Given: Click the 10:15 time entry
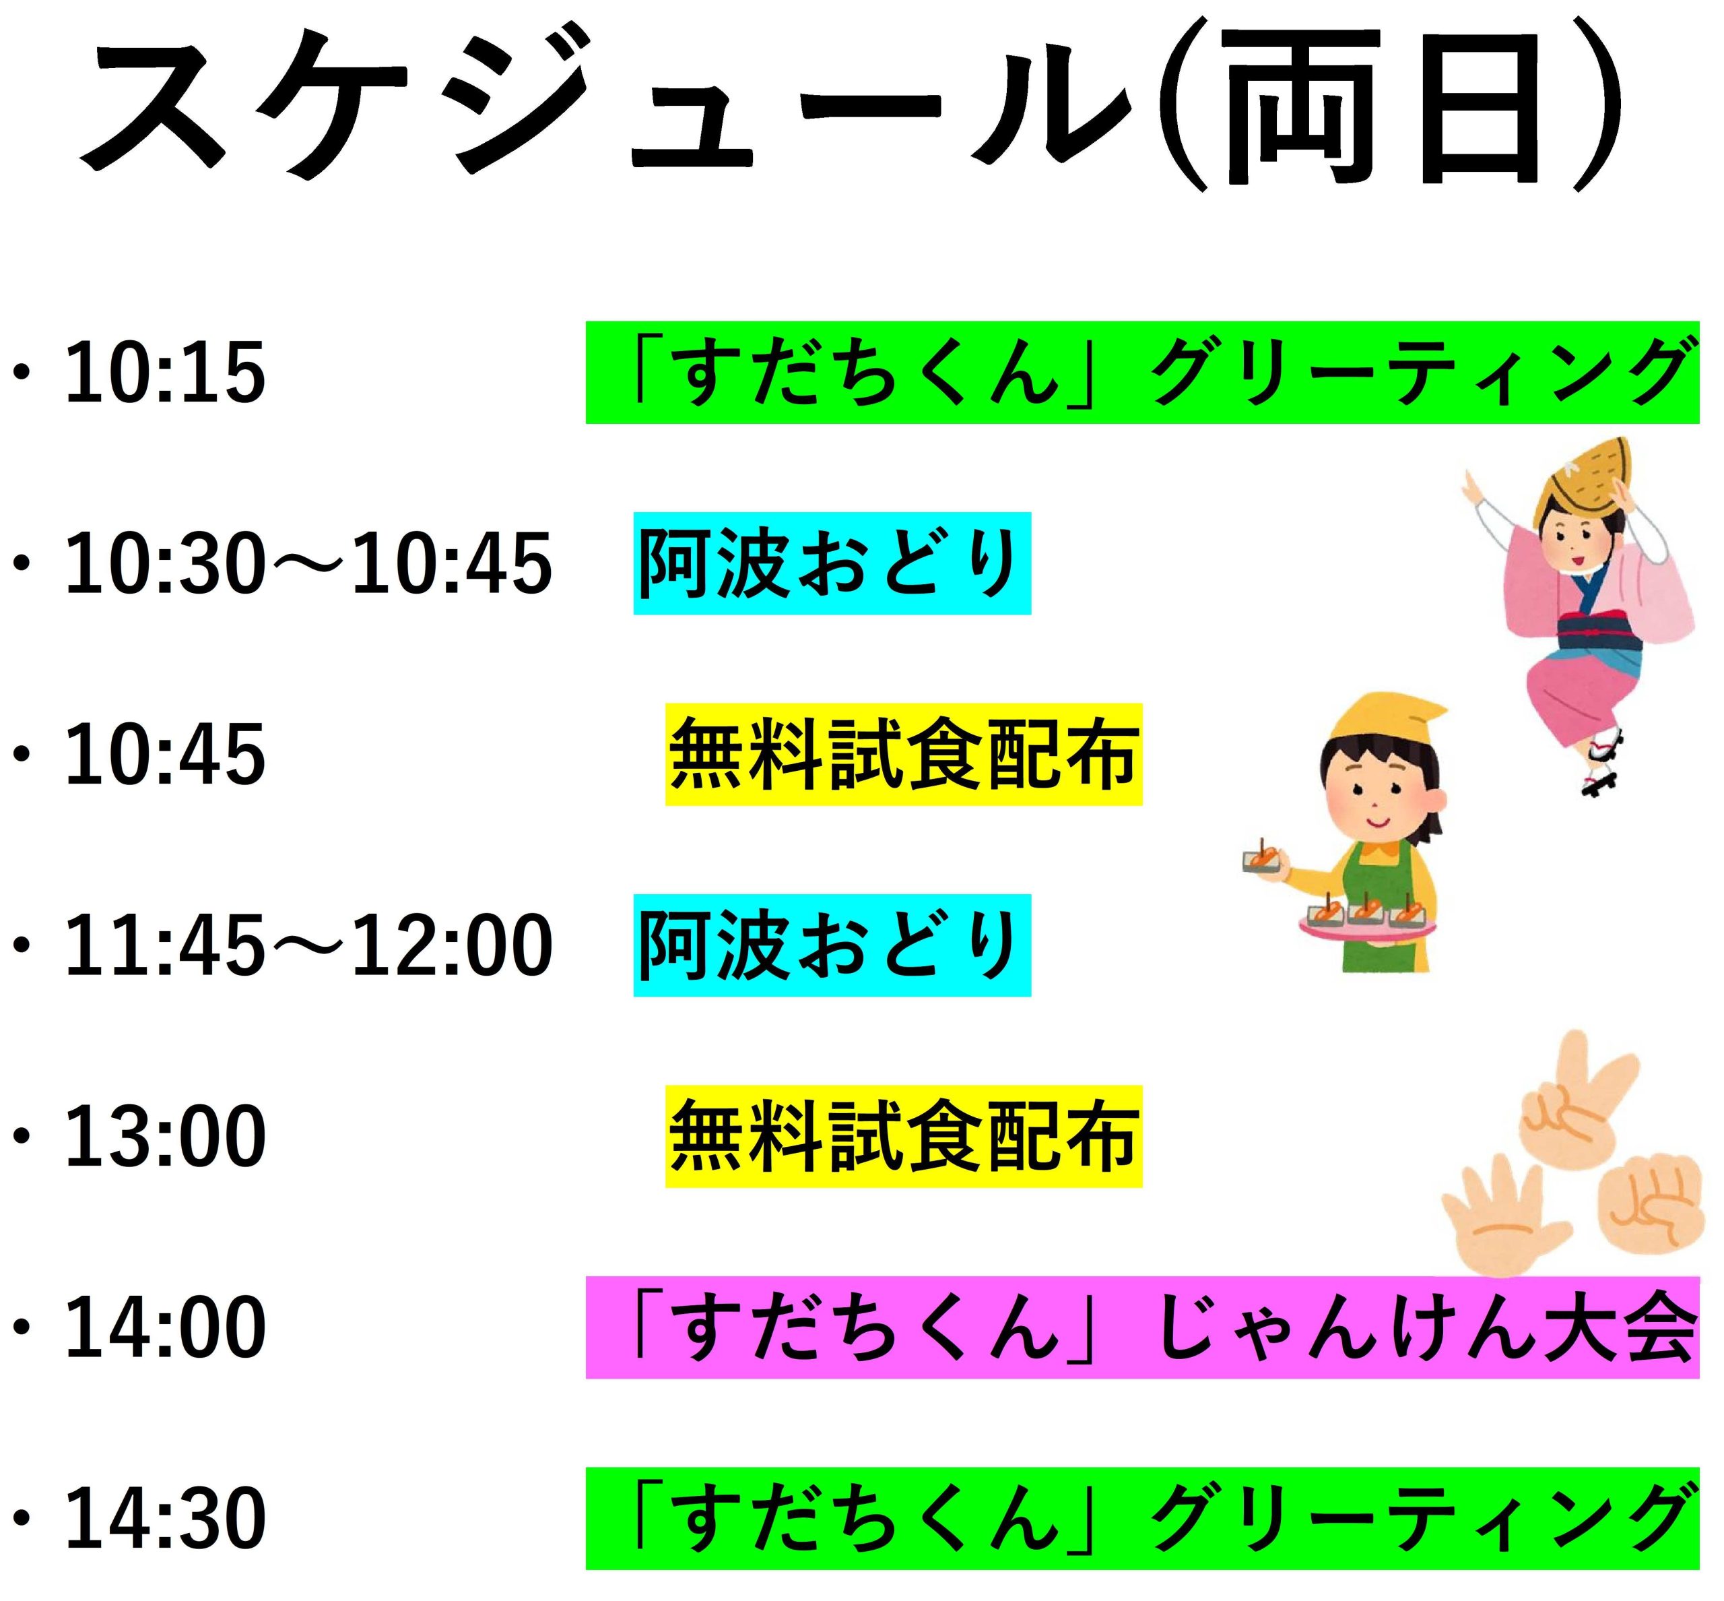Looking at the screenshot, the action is click(164, 373).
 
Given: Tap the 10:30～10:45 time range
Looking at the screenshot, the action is click(308, 564).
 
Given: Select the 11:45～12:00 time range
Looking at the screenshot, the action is click(308, 945).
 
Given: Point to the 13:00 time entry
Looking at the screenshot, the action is click(164, 1136).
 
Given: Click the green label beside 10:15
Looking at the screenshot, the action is click(1142, 373).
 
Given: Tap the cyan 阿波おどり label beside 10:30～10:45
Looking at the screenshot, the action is click(832, 563).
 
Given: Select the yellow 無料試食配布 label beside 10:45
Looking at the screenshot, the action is click(904, 755).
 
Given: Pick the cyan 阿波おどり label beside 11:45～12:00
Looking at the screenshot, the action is click(832, 945).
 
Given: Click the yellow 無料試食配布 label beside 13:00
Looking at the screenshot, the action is click(904, 1136).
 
